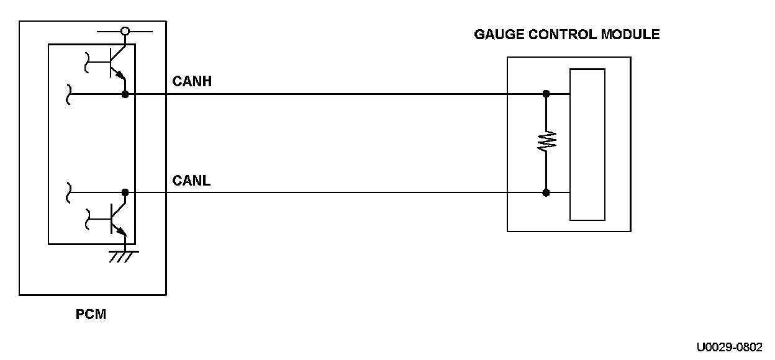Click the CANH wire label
tap(192, 81)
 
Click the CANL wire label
tap(191, 181)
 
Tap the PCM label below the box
tap(91, 314)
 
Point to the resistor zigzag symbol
tap(546, 141)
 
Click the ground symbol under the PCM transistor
tap(124, 256)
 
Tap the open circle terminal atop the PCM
tap(125, 32)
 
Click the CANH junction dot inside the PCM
tap(125, 94)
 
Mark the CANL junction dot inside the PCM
tap(125, 192)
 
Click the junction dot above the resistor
tap(546, 94)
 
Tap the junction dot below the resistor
tap(546, 193)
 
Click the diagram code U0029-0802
tap(729, 347)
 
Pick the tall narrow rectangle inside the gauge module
tap(587, 145)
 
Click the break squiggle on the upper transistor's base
tap(87, 62)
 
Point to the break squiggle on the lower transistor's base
tap(88, 219)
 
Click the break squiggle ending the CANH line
tap(68, 94)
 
